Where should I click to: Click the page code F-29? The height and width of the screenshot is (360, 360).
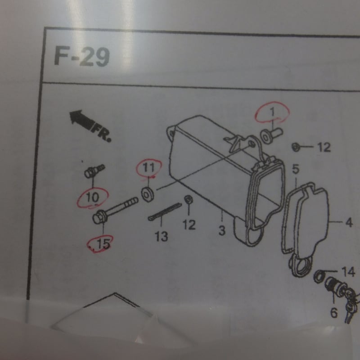coord(82,57)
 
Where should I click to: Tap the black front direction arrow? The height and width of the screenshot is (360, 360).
coord(81,119)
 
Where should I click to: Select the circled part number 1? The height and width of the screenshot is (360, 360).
coord(272,112)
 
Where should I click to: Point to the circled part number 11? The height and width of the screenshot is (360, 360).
coord(148,167)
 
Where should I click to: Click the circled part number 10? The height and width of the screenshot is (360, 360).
coord(93,198)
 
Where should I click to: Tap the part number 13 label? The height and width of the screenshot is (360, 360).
coord(162,236)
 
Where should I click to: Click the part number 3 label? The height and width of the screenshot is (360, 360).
coord(222,230)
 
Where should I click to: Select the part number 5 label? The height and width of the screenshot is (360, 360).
coord(296,169)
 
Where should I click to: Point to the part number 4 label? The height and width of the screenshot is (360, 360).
coord(349,222)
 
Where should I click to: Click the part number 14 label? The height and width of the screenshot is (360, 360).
coord(348,272)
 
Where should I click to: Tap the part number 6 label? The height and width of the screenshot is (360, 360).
coord(334,312)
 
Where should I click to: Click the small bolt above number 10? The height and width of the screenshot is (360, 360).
coord(94,171)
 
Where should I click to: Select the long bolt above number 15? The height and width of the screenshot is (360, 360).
coord(115,210)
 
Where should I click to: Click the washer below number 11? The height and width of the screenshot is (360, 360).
coord(148,194)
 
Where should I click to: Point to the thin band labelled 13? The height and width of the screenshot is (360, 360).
coord(165,211)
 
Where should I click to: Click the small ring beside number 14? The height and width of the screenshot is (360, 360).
coord(318,277)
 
